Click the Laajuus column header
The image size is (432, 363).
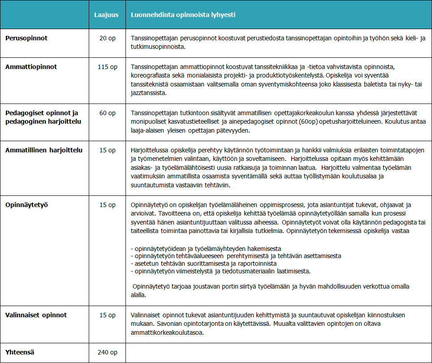106,15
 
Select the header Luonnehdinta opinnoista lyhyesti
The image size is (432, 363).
183,15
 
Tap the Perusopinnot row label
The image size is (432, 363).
26,38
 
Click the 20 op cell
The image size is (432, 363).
107,38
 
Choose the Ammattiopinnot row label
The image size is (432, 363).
31,67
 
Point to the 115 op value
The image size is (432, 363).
107,67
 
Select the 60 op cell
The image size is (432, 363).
107,112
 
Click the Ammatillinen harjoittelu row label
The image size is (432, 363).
44,150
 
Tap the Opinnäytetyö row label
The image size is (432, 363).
26,205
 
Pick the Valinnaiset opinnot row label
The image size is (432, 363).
36,315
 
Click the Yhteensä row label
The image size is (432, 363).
20,352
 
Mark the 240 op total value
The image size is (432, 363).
107,352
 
